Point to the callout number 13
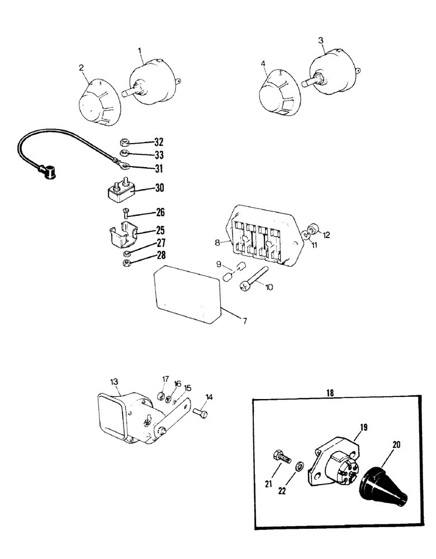(x=114, y=381)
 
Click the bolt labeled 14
(x=200, y=413)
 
